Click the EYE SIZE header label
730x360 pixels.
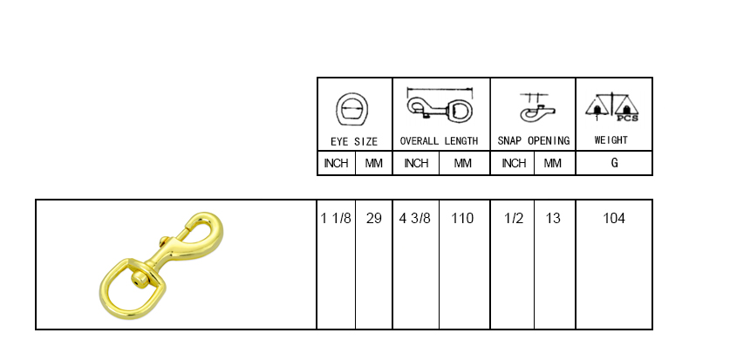(x=354, y=141)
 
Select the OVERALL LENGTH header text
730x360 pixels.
(x=439, y=141)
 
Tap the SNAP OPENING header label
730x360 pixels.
(x=534, y=141)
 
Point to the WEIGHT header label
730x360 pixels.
(x=611, y=140)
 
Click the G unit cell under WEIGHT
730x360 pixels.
(x=615, y=163)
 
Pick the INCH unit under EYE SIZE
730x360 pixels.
(x=336, y=163)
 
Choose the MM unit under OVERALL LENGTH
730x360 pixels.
(x=462, y=163)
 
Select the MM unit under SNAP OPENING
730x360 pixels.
(x=553, y=163)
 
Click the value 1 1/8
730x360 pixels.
(x=336, y=218)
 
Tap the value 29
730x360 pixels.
(x=373, y=218)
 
